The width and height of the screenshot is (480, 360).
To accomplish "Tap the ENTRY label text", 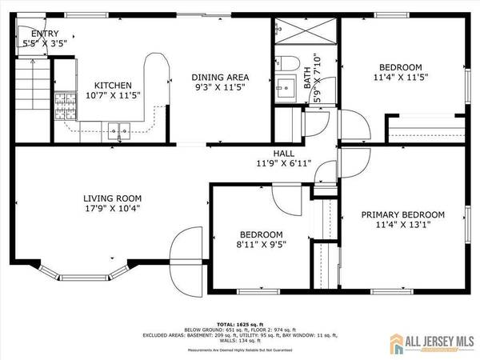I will click(x=39, y=34).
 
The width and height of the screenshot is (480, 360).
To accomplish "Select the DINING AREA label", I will click(x=218, y=77).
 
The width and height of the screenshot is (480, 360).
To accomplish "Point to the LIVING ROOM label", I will click(x=113, y=198).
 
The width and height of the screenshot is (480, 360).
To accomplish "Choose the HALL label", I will click(x=283, y=153).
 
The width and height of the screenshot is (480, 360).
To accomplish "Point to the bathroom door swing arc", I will click(x=318, y=122).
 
